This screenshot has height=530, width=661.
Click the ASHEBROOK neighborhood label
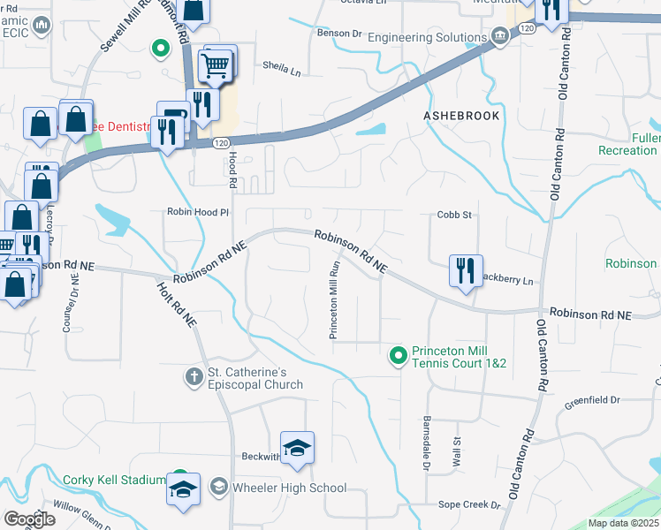click(x=460, y=116)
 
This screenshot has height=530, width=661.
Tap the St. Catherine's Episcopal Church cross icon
click(x=194, y=377)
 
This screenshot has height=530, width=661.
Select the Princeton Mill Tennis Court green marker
click(x=398, y=357)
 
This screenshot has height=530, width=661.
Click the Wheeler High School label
click(x=289, y=488)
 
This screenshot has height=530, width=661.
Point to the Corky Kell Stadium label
click(x=114, y=481)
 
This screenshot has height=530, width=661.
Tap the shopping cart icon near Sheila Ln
click(x=217, y=64)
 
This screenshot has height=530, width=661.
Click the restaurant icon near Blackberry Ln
click(x=465, y=270)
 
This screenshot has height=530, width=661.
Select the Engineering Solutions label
click(x=428, y=37)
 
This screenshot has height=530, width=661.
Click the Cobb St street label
click(x=455, y=215)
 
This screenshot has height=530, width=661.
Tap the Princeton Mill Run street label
click(x=335, y=299)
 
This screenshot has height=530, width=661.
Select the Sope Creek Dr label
click(x=469, y=504)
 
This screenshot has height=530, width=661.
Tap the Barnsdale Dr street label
click(x=426, y=443)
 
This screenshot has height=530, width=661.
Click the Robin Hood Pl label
click(x=198, y=212)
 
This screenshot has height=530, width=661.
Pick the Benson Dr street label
click(x=340, y=34)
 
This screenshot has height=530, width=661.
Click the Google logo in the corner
click(x=29, y=519)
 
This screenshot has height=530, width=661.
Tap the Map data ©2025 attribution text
click(x=623, y=523)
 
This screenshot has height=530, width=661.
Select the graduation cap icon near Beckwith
click(x=298, y=447)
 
